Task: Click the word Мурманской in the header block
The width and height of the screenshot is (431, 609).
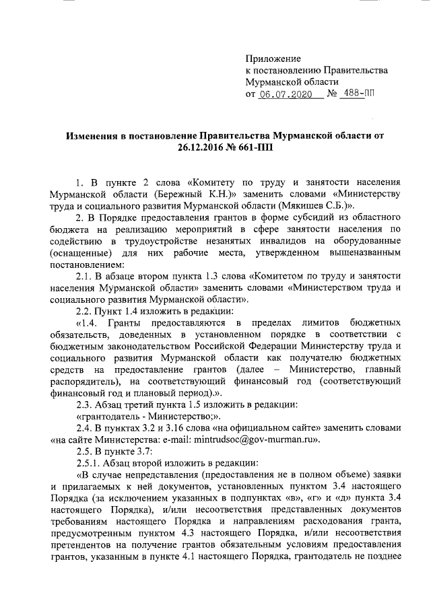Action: click(x=275, y=83)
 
